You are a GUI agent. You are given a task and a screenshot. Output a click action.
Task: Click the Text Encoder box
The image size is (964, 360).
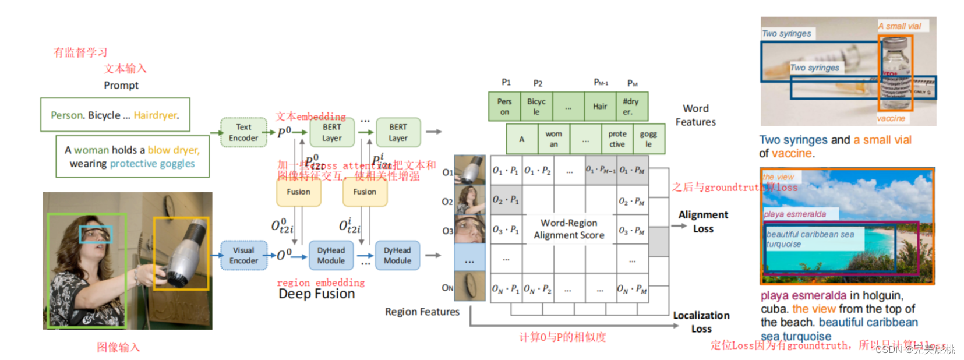tap(243, 133)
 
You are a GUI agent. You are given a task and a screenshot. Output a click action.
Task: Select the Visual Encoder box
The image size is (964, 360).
tap(243, 256)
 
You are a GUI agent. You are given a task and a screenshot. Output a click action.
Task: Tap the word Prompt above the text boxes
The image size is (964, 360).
tap(121, 86)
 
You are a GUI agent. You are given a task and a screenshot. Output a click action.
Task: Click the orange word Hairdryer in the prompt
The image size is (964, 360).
tap(156, 115)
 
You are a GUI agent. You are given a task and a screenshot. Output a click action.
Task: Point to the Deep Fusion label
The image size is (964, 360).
tap(316, 294)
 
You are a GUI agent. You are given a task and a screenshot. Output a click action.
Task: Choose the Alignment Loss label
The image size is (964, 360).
tap(703, 222)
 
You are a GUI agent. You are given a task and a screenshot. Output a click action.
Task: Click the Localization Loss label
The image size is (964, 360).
tap(701, 322)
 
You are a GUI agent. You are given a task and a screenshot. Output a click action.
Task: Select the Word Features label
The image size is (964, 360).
tap(695, 115)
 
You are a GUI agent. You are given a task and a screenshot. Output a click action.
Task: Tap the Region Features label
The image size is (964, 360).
tap(422, 312)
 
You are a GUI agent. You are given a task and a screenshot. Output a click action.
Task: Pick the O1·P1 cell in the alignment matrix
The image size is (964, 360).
tap(506, 171)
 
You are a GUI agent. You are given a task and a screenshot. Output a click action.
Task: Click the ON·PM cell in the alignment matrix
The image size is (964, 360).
tap(633, 289)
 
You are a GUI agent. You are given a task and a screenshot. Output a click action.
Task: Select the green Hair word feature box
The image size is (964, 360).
tap(599, 107)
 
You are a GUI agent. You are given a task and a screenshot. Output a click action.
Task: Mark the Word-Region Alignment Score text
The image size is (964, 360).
tap(568, 229)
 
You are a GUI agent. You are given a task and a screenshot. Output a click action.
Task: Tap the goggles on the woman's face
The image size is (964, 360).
tap(96, 234)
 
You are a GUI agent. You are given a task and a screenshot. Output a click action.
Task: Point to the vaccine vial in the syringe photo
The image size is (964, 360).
tap(895, 73)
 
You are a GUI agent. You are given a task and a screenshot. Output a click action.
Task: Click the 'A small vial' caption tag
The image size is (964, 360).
tap(899, 26)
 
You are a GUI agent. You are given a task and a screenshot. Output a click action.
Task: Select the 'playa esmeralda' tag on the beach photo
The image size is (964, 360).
tap(795, 214)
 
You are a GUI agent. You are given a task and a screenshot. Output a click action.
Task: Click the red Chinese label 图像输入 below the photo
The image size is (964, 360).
tap(118, 348)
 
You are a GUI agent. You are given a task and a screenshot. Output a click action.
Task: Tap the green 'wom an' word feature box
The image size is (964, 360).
tap(553, 139)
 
